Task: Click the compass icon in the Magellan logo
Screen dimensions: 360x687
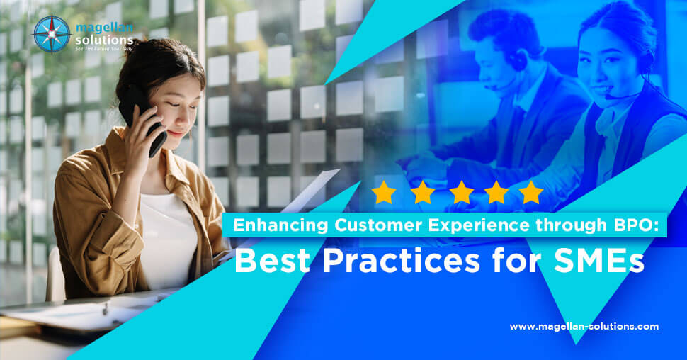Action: click(x=52, y=34)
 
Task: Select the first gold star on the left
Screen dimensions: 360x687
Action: click(x=384, y=192)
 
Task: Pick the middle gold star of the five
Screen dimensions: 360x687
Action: click(x=461, y=192)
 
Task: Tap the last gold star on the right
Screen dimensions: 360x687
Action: click(x=530, y=192)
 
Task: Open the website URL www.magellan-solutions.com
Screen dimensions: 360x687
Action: click(x=584, y=327)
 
